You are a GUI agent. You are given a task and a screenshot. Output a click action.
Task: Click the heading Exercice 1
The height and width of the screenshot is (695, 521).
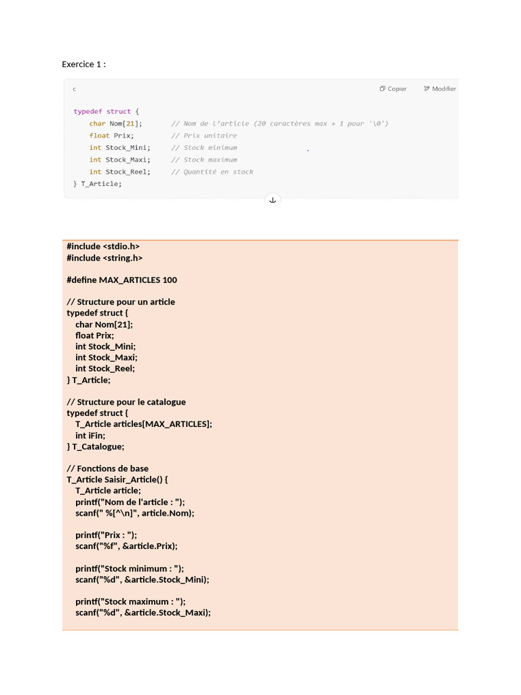pyautogui.click(x=83, y=64)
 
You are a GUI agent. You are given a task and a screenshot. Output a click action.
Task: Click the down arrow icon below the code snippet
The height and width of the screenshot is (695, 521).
pyautogui.click(x=273, y=200)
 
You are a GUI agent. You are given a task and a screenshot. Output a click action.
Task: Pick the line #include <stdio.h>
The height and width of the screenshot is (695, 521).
pyautogui.click(x=103, y=246)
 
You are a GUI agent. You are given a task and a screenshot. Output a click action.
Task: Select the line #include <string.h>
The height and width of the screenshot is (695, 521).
pyautogui.click(x=104, y=258)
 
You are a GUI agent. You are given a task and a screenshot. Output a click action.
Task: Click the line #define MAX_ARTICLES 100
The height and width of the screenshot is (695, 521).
pyautogui.click(x=121, y=280)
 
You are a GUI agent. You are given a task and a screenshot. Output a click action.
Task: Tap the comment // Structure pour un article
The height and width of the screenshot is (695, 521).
pyautogui.click(x=121, y=302)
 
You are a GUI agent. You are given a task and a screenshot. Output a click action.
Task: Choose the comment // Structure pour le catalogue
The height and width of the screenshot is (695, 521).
pyautogui.click(x=126, y=402)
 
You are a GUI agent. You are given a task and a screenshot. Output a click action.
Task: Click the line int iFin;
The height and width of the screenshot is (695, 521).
pyautogui.click(x=90, y=436)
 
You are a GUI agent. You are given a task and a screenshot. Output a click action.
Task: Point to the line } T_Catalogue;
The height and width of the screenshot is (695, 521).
pyautogui.click(x=96, y=447)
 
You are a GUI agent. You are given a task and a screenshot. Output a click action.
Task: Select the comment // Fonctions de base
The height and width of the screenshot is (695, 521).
pyautogui.click(x=107, y=468)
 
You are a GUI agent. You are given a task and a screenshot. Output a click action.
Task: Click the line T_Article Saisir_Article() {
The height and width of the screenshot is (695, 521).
pyautogui.click(x=117, y=480)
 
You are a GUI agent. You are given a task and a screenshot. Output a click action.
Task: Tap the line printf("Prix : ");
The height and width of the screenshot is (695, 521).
pyautogui.click(x=106, y=535)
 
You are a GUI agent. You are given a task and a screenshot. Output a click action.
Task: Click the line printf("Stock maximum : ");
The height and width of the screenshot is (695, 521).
pyautogui.click(x=130, y=601)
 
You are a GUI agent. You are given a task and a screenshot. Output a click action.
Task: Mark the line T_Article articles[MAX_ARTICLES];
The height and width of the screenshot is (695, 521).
pyautogui.click(x=143, y=424)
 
